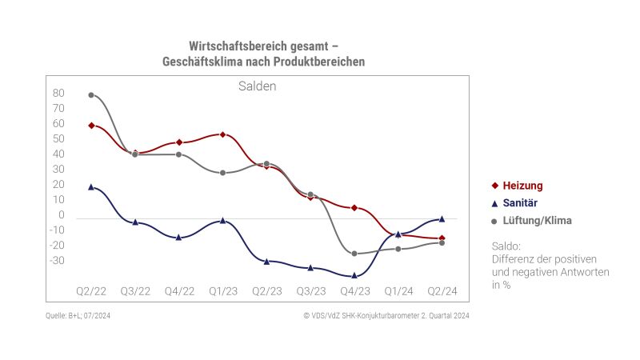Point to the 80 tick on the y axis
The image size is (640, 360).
(58, 93)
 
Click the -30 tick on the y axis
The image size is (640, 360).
(57, 261)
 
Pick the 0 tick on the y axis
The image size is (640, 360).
(61, 215)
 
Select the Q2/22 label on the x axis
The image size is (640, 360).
(91, 290)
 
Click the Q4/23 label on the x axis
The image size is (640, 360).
(354, 290)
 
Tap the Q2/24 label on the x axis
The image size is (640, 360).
(442, 290)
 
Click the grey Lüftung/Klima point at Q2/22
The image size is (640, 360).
(91, 94)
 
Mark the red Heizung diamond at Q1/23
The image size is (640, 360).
(222, 134)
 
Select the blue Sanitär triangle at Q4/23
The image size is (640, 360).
(354, 275)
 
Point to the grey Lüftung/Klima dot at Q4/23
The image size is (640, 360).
(354, 254)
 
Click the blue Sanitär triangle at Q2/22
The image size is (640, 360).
(91, 186)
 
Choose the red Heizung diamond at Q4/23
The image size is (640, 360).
(354, 208)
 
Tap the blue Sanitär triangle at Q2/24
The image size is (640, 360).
(442, 218)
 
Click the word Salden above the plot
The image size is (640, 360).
(257, 86)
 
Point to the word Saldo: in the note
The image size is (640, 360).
(506, 246)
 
